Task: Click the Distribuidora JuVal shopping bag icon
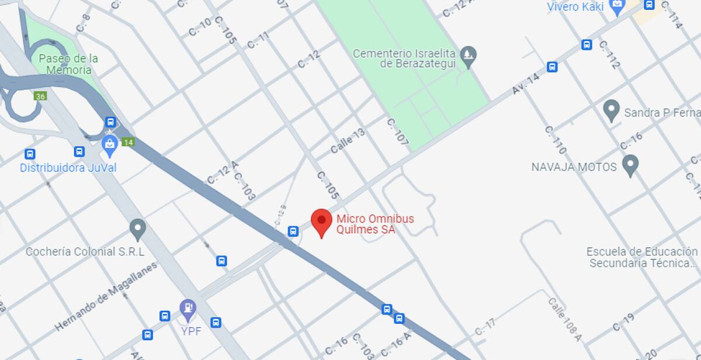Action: [110, 144]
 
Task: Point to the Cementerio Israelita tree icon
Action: [468, 56]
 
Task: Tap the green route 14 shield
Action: [129, 142]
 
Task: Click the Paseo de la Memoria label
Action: [68, 64]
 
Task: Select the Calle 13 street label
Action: [348, 141]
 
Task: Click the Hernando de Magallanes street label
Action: [106, 297]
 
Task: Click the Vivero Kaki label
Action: [575, 7]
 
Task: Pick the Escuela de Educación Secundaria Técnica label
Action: [643, 257]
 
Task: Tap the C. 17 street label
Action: [485, 327]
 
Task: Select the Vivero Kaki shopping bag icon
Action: [617, 7]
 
